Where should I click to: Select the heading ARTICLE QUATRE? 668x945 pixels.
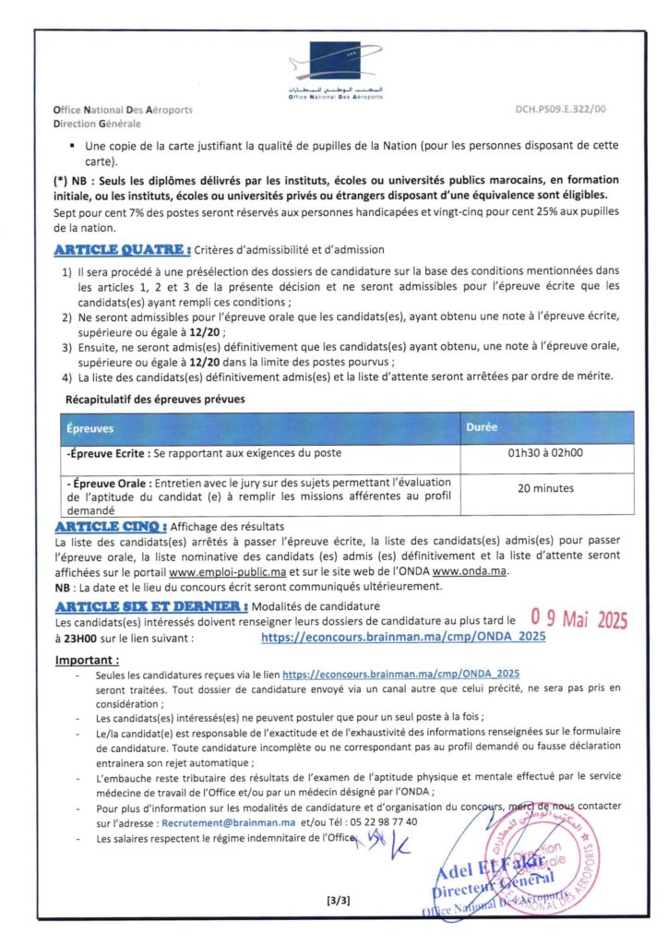tap(123, 249)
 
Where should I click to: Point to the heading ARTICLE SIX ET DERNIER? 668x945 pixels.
tap(150, 606)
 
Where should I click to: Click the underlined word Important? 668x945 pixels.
tap(87, 660)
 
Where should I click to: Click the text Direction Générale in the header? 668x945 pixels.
tap(97, 123)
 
